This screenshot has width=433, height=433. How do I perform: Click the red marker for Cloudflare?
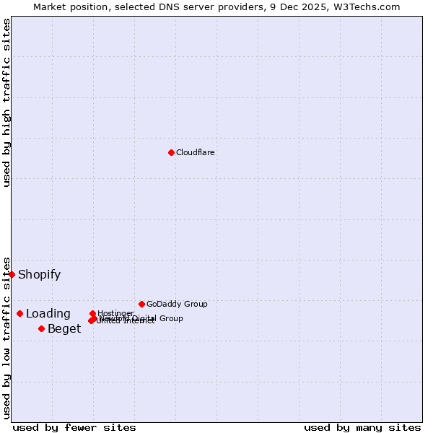171,152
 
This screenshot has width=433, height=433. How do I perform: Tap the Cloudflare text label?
196,152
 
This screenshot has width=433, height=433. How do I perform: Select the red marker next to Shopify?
12,274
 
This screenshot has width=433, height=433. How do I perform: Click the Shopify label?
40,274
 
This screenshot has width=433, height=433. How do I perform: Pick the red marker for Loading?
19,313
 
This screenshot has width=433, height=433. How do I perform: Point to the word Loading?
48,313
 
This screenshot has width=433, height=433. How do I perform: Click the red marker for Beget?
41,328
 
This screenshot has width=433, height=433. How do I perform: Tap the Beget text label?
64,329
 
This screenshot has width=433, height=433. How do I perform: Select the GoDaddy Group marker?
141,304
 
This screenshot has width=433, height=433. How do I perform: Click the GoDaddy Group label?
177,304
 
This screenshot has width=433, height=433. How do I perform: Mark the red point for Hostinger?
92,313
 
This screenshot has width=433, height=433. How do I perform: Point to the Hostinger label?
115,313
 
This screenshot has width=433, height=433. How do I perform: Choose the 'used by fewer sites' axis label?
74,427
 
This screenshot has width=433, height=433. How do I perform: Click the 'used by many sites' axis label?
362,427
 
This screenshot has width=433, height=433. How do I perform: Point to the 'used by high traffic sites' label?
6,102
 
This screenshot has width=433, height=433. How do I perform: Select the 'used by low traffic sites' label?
6,337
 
